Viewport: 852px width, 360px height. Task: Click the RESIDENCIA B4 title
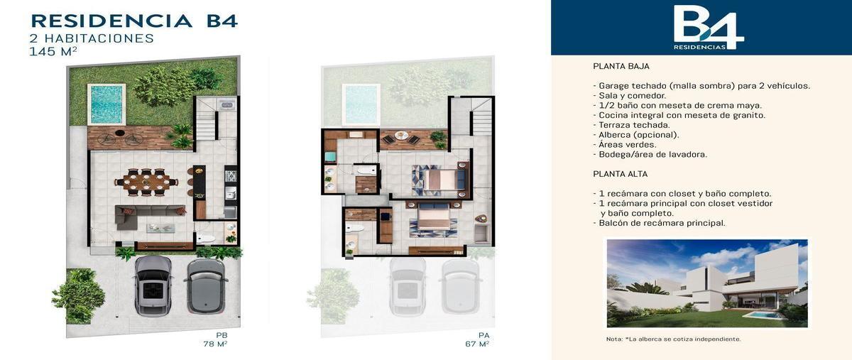134,21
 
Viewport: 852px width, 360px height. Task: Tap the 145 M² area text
53,51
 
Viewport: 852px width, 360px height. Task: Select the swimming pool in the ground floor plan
106,104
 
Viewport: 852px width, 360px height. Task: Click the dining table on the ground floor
146,182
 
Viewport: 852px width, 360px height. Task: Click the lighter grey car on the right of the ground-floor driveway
206,285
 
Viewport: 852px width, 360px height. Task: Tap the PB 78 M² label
216,340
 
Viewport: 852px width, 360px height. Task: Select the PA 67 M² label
477,340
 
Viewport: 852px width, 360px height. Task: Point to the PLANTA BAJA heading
621,66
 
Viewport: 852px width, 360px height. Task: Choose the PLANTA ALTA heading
621,174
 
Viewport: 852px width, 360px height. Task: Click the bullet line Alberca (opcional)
636,135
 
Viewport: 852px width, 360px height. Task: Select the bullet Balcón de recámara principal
659,223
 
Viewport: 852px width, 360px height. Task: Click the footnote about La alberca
674,339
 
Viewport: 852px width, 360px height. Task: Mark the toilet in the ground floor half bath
205,239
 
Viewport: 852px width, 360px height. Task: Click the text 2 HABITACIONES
92,38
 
